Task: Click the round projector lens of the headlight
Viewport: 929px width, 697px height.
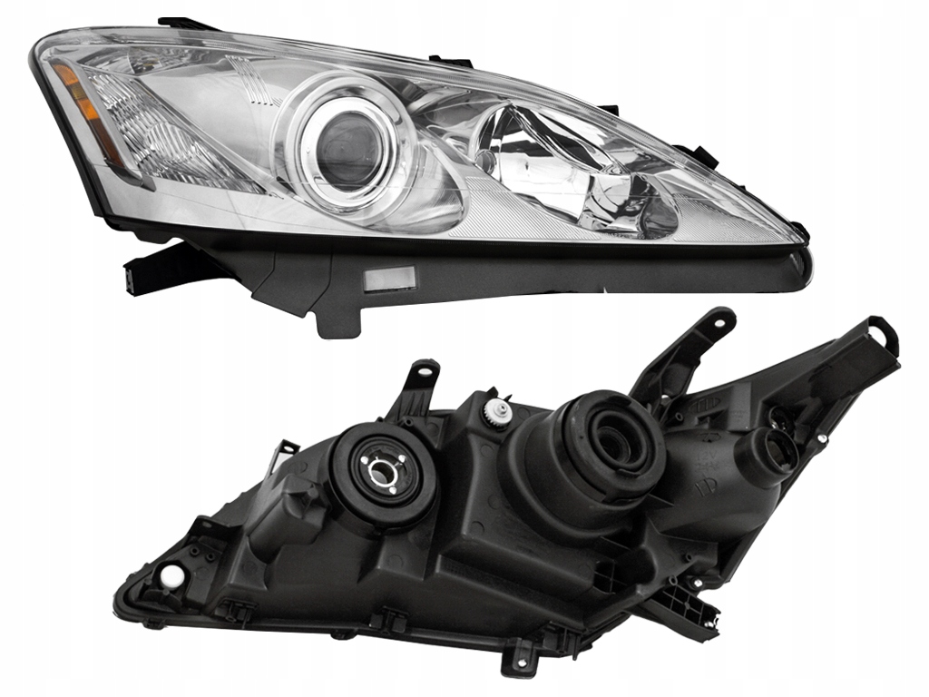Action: click(x=347, y=151)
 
